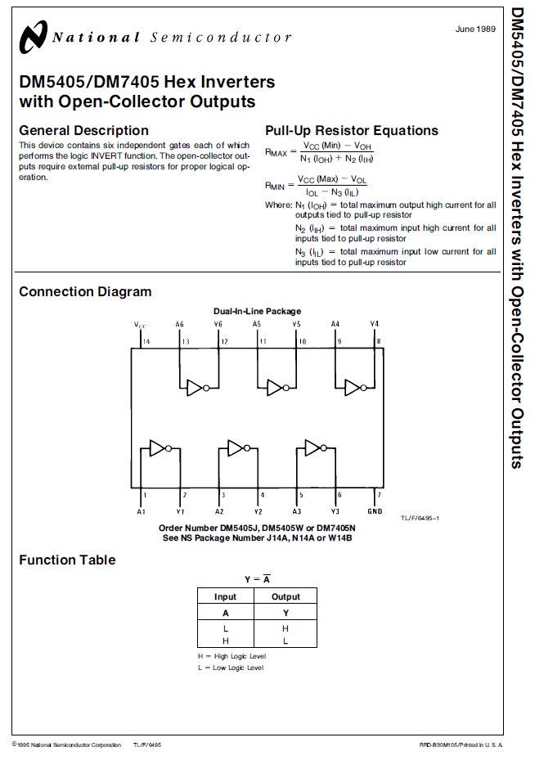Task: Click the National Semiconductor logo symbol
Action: (x=33, y=37)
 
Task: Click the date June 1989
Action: (x=475, y=29)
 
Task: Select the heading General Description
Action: (x=83, y=130)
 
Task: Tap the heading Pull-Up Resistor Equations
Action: (x=351, y=130)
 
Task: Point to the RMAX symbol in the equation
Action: (x=276, y=152)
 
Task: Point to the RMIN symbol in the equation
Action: (x=275, y=186)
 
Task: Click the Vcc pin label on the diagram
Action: (x=140, y=325)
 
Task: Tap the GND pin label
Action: (x=375, y=511)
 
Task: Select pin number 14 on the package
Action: (x=146, y=342)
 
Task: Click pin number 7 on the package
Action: (x=379, y=495)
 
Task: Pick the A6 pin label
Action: (x=179, y=324)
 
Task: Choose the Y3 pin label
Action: (x=335, y=511)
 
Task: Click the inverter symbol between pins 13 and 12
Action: (x=198, y=388)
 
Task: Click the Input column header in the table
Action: (x=225, y=596)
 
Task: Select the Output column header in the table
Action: (x=285, y=596)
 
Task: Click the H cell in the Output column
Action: (x=285, y=628)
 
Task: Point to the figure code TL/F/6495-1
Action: (x=420, y=518)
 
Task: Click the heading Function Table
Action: (x=67, y=560)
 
